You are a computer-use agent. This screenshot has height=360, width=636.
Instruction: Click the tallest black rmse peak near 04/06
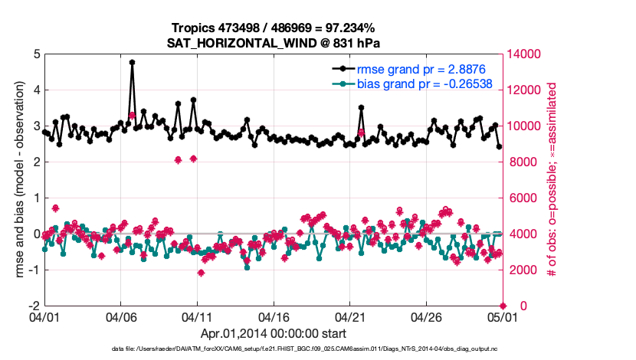132,63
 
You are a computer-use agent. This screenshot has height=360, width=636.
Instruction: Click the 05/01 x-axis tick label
503,316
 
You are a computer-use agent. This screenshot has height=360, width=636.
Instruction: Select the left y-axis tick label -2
34,306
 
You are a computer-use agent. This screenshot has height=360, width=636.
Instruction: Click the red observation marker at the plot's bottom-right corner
503,306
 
